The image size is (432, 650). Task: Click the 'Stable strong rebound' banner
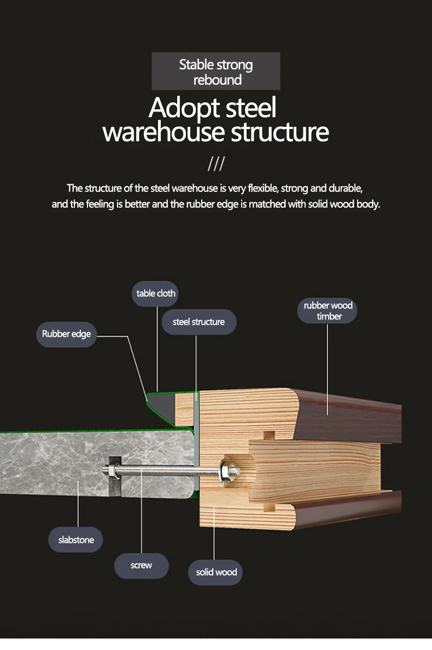215,72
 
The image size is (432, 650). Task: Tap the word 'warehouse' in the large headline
164,132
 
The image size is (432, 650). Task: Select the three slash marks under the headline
216,164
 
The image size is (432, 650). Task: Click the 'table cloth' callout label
156,294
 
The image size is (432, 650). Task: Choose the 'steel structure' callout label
199,322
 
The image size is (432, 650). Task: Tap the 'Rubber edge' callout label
66,334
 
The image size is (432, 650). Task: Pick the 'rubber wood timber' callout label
328,311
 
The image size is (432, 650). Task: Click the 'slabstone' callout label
76,540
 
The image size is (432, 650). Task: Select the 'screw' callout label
141,565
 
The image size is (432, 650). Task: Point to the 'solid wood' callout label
216,572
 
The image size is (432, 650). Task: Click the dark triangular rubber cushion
162,405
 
